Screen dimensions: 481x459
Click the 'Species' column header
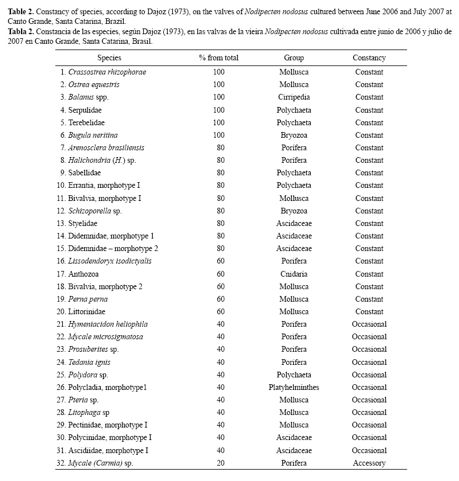[x=109, y=58]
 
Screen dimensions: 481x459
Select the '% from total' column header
[x=218, y=58]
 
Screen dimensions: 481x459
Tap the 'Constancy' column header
[x=369, y=58]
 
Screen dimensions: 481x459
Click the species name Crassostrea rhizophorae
[x=107, y=72]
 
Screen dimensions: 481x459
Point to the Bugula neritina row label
[x=93, y=135]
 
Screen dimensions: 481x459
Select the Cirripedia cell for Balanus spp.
[x=294, y=97]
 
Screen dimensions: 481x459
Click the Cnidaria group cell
[x=294, y=274]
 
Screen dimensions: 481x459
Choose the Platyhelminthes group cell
[x=294, y=388]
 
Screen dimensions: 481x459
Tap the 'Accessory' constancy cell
[x=369, y=463]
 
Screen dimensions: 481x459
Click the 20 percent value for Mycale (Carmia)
[x=218, y=463]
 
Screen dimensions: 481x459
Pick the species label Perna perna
[x=88, y=299]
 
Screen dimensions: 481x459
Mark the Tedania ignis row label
[x=90, y=363]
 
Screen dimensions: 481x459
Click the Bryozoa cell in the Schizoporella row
[x=294, y=211]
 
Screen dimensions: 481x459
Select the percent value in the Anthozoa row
[x=218, y=274]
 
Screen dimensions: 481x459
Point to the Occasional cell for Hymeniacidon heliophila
[x=369, y=324]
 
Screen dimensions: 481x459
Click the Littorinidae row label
[x=87, y=312]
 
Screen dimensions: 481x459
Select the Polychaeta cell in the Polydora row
[x=294, y=375]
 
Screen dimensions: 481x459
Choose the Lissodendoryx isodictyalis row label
[x=109, y=261]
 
